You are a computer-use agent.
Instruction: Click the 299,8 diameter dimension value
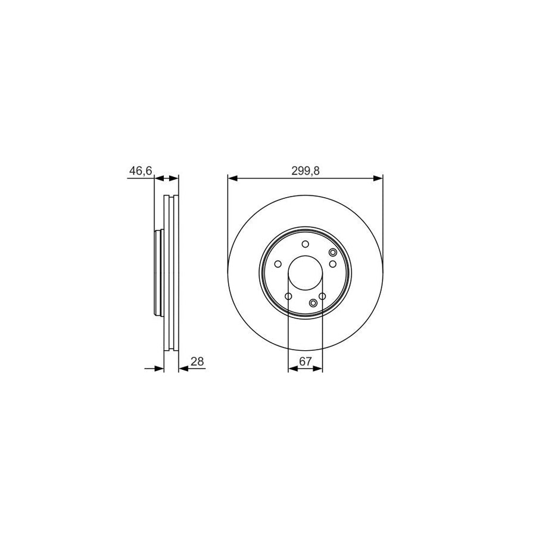305,170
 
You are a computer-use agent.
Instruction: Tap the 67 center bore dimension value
305,362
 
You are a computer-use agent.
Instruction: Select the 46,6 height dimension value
141,171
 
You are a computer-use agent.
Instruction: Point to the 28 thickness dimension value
198,361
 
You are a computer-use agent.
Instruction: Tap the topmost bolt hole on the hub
306,244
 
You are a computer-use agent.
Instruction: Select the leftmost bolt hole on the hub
278,264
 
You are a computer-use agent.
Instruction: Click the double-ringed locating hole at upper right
333,253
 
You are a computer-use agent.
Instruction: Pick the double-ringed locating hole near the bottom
314,303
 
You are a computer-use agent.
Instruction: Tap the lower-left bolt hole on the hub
288,297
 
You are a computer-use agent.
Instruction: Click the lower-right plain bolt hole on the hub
322,297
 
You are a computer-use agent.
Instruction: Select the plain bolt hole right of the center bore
333,264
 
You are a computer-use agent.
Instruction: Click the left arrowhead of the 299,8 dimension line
233,177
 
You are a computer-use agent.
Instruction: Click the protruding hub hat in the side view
158,273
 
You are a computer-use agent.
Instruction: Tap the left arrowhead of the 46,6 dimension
159,177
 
